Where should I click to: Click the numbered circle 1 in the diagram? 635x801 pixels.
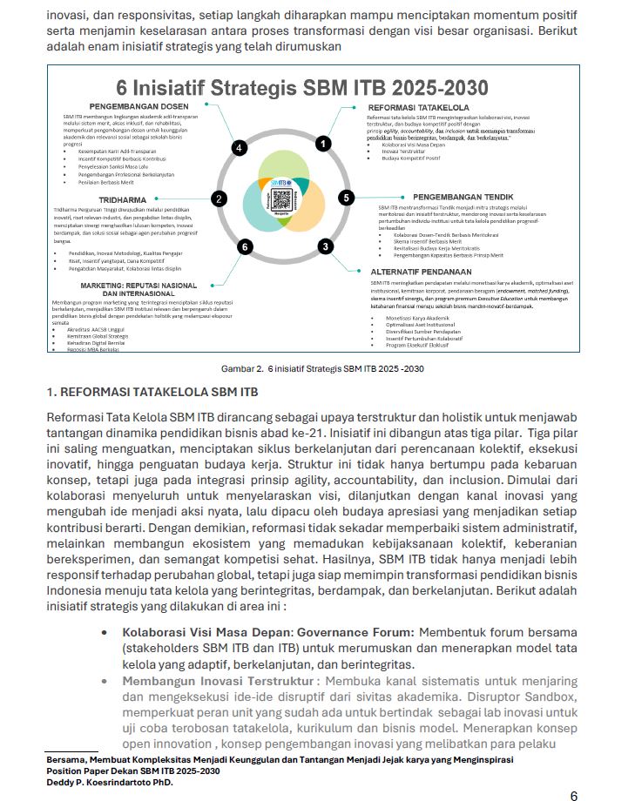pyautogui.click(x=323, y=143)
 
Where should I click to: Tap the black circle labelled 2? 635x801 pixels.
pyautogui.click(x=220, y=199)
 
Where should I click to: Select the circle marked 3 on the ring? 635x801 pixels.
pyautogui.click(x=325, y=246)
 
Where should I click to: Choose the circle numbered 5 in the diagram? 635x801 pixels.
pyautogui.click(x=347, y=198)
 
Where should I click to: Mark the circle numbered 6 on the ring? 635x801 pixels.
pyautogui.click(x=245, y=247)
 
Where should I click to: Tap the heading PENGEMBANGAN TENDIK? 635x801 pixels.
pyautogui.click(x=463, y=197)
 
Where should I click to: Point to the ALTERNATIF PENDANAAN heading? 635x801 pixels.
pyautogui.click(x=427, y=272)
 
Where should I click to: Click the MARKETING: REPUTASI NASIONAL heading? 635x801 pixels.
pyautogui.click(x=138, y=285)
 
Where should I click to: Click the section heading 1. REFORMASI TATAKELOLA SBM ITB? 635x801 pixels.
pyautogui.click(x=152, y=392)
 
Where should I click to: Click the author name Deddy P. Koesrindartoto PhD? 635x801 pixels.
pyautogui.click(x=111, y=782)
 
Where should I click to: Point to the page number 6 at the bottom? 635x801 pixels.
pyautogui.click(x=573, y=795)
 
